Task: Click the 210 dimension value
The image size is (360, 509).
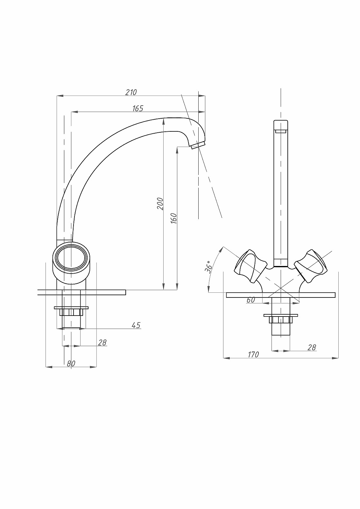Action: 131,93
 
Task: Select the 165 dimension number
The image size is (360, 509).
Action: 138,108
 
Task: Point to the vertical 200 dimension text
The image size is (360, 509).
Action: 160,204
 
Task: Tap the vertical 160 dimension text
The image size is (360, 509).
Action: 173,218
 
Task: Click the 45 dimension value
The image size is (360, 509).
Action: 136,325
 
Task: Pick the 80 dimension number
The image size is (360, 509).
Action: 71,364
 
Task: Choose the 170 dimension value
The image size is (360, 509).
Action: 253,354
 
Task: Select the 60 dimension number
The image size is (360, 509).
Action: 251,300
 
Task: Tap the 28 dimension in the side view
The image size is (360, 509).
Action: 102,342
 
